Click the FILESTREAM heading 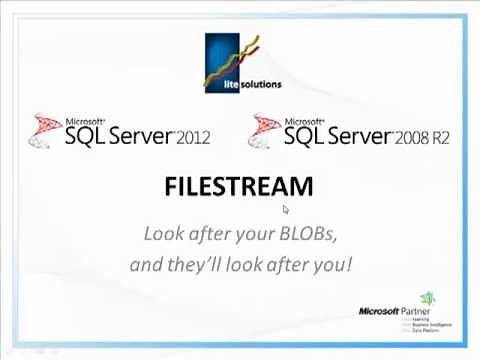(x=239, y=186)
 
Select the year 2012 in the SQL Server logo (x=193, y=138)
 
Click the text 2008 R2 (x=422, y=138)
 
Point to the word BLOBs (x=308, y=234)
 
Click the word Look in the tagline (x=161, y=234)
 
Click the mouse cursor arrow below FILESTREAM (x=285, y=209)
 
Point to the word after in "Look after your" (x=206, y=234)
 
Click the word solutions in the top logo (x=261, y=85)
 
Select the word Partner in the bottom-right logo (x=414, y=311)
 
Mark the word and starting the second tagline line (x=146, y=265)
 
